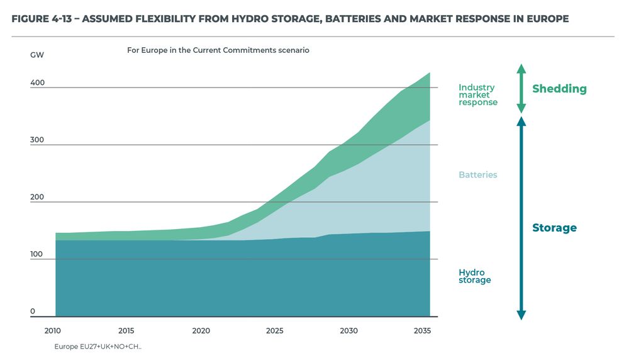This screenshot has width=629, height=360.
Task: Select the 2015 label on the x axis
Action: tap(126, 330)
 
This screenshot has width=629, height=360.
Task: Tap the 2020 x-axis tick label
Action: tap(201, 330)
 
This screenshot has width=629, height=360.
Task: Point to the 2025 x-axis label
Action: tap(274, 330)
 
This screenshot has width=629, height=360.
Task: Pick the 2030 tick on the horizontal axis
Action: tap(348, 330)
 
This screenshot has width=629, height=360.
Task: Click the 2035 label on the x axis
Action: tap(423, 330)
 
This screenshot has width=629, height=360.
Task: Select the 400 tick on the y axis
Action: tap(37, 82)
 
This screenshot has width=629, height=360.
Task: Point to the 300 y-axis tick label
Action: tap(37, 140)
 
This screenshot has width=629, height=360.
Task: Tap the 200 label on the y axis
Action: tap(37, 197)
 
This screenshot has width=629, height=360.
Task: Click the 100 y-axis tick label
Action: tap(37, 254)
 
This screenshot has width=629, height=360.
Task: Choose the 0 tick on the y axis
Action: tap(33, 312)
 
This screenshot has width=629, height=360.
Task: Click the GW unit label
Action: tap(37, 55)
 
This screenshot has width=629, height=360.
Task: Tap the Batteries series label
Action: tap(477, 175)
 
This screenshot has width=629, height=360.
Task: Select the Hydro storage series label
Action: tap(474, 276)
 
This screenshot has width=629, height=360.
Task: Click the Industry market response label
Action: tap(477, 95)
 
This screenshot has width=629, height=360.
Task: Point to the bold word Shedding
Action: tap(559, 89)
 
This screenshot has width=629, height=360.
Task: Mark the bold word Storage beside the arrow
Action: tap(554, 228)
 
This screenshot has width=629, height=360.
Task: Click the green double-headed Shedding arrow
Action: tap(521, 88)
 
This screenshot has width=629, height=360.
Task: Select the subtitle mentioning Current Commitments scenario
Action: tap(218, 50)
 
